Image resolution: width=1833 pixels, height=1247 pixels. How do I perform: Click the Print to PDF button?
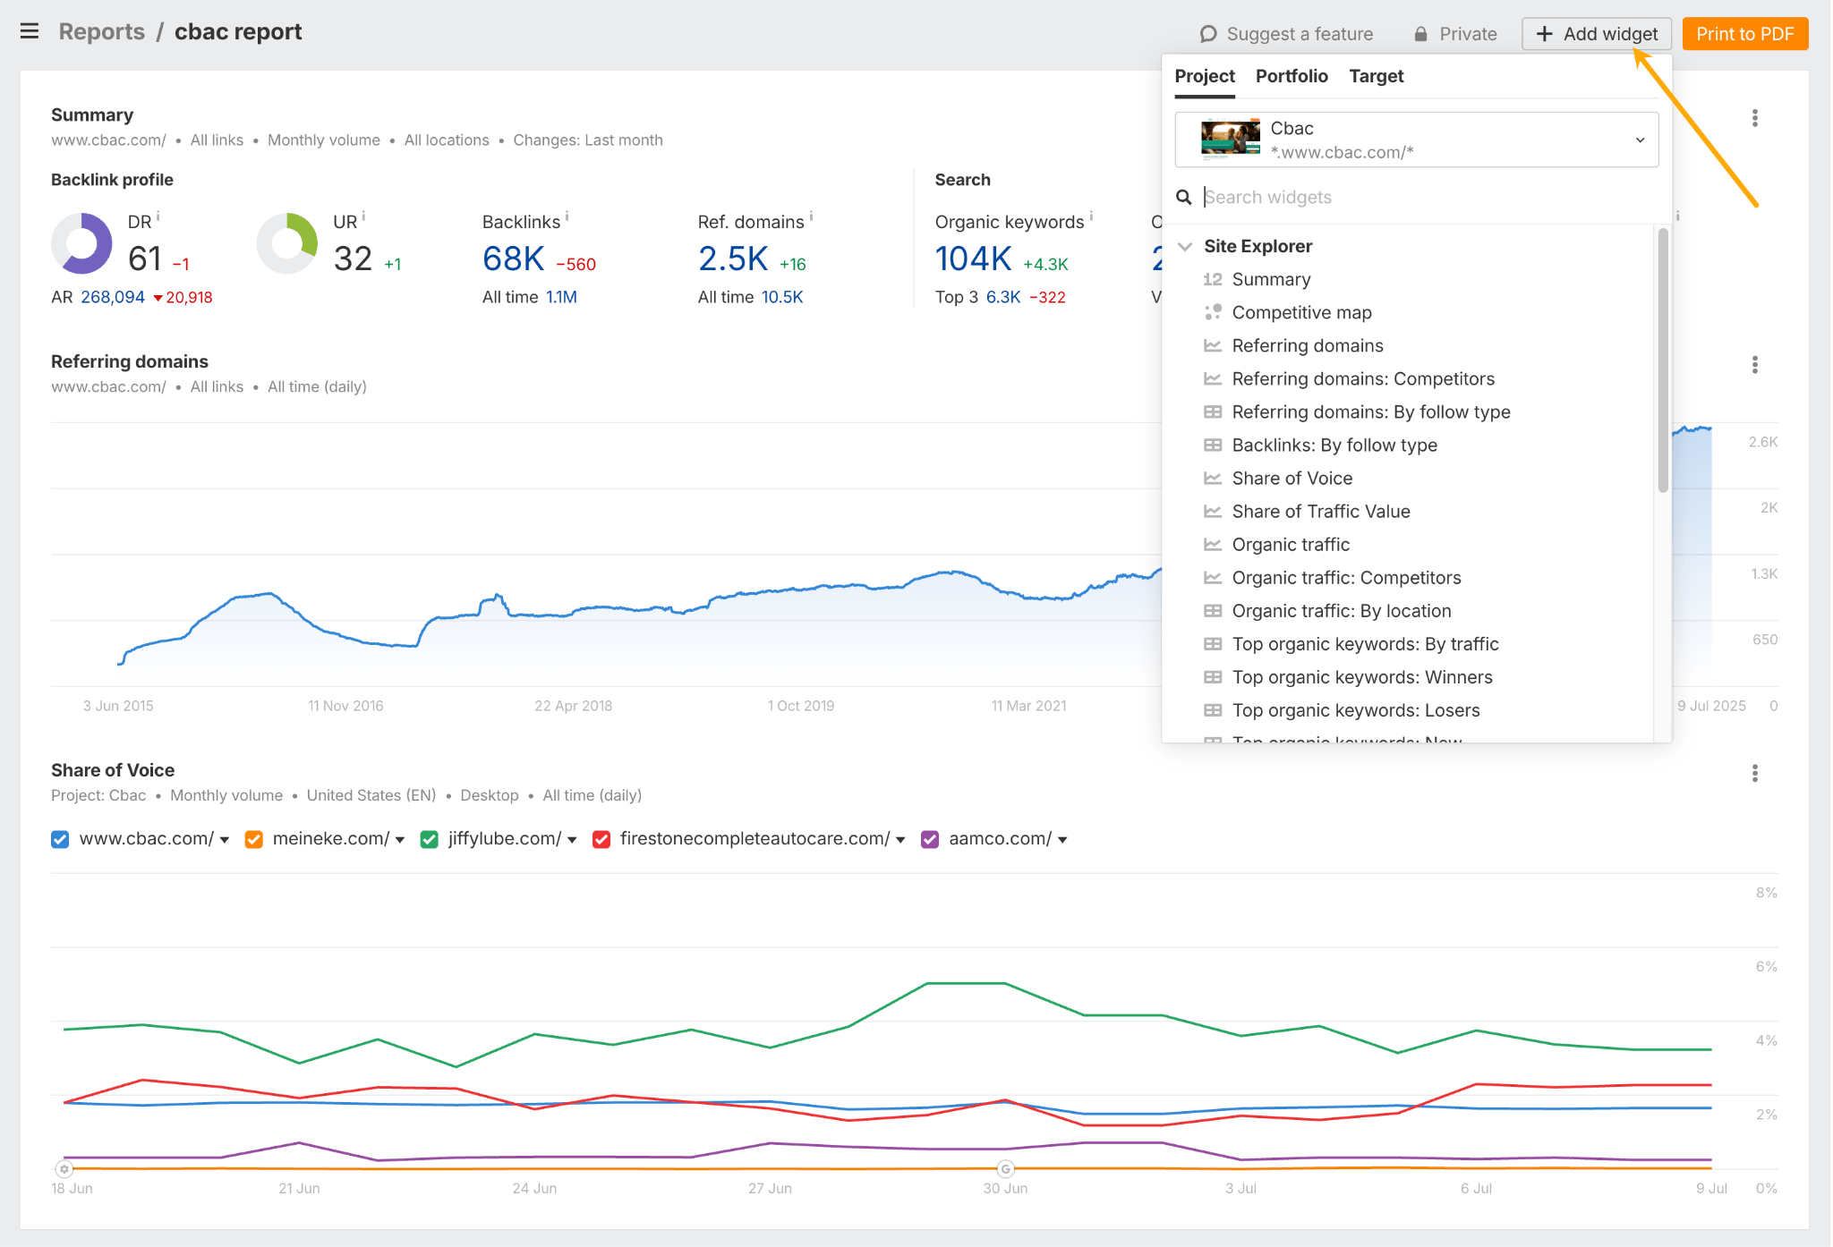(1744, 34)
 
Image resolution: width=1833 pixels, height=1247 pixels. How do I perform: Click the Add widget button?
(1597, 34)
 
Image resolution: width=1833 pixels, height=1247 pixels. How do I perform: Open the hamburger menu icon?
(30, 31)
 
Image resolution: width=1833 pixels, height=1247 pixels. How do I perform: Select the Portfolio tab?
(1291, 76)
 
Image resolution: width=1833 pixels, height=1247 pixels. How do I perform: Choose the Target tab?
(1376, 76)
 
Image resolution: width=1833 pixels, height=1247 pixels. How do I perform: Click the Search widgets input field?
(1423, 197)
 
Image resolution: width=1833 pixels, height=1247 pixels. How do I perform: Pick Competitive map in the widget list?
(1301, 312)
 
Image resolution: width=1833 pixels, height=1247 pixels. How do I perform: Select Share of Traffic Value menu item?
(1320, 511)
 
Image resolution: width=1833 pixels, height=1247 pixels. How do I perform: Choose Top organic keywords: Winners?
(1361, 677)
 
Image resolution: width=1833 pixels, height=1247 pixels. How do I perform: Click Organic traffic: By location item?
(1341, 611)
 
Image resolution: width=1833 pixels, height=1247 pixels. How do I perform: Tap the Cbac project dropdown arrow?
(1640, 140)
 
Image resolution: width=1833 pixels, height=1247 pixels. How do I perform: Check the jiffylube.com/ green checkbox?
(430, 839)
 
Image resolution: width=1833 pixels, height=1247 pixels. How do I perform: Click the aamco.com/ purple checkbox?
(930, 839)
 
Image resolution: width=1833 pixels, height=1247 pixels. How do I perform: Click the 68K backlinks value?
(513, 259)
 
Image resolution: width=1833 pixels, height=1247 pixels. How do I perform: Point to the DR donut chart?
(81, 243)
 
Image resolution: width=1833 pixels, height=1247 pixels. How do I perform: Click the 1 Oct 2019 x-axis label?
(800, 706)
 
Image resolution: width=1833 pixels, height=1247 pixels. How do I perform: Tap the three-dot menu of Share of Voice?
(1754, 773)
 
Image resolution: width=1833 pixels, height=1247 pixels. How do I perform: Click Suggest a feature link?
(1286, 34)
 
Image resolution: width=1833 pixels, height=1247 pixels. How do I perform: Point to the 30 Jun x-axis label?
(1004, 1188)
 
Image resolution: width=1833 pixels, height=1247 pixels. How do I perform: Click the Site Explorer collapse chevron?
(1185, 246)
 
